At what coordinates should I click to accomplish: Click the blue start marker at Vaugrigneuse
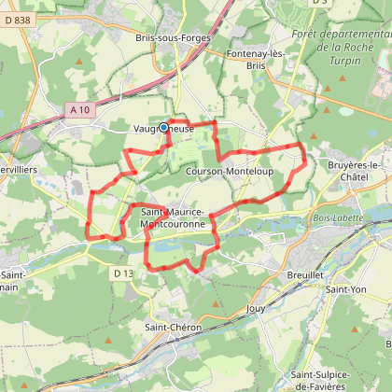(x=164, y=128)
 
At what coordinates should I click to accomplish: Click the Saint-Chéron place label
(x=169, y=327)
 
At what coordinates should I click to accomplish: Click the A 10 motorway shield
(x=79, y=110)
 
